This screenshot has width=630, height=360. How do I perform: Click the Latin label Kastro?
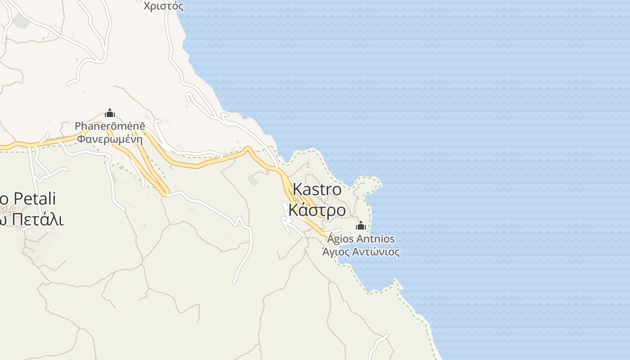pos(317,189)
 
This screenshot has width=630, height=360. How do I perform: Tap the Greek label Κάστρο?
pos(317,210)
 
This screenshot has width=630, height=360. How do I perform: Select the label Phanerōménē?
pos(110,126)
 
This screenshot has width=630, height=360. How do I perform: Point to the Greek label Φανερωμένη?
pos(110,139)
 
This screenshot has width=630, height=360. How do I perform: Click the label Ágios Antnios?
pos(361,238)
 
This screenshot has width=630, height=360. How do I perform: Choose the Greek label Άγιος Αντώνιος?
pos(361,252)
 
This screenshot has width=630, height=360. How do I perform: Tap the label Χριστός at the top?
pos(164,6)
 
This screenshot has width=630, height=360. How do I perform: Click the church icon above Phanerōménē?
pos(109,113)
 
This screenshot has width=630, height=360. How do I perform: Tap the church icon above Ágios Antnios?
pos(360,225)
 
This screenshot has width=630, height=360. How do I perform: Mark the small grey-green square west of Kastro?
pos(253,180)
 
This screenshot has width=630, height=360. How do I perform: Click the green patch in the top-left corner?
pos(20,20)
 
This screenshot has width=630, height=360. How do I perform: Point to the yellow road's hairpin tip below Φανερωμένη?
pos(165,193)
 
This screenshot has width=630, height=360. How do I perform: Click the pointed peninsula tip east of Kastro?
pos(380,183)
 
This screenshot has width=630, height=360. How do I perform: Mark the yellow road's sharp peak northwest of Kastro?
pos(247,148)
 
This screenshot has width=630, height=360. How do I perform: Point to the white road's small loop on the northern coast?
pos(224,117)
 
